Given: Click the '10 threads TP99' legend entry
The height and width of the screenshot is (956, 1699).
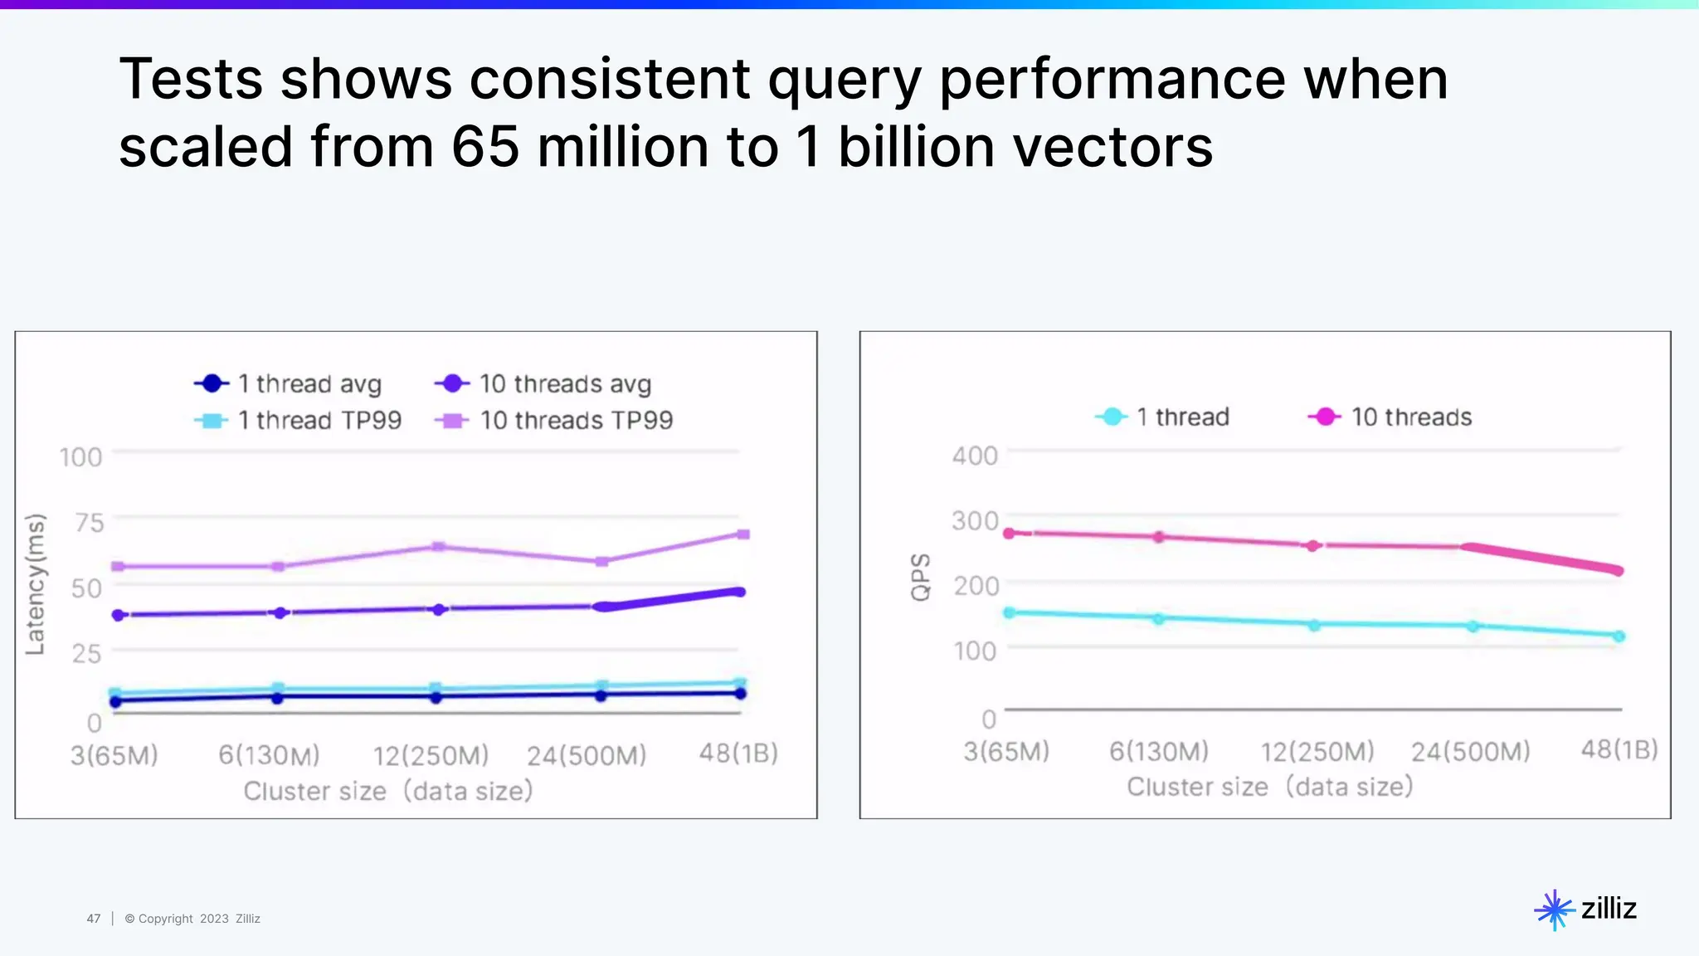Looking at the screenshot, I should (x=554, y=421).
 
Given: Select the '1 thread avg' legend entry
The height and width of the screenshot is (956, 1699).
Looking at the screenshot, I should (x=288, y=383).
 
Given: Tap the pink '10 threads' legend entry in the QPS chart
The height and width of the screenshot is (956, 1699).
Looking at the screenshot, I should (x=1390, y=417).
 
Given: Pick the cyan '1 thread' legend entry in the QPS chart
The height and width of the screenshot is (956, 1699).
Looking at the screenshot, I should (x=1162, y=417).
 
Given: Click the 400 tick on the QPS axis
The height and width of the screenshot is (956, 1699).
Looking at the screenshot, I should (x=975, y=456).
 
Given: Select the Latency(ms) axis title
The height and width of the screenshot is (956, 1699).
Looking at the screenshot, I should (x=35, y=584).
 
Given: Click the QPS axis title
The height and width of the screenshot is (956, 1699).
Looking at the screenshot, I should (x=921, y=577).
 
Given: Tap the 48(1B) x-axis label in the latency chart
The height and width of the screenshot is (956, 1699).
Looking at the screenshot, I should (x=738, y=753).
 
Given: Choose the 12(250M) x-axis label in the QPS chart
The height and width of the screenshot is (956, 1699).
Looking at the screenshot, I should (x=1317, y=752).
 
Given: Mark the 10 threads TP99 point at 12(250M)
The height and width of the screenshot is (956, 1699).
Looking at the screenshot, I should (x=439, y=547).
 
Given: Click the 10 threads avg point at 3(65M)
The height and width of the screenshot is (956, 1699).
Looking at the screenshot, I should (x=119, y=615).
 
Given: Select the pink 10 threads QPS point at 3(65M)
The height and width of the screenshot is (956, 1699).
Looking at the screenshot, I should (x=1010, y=533).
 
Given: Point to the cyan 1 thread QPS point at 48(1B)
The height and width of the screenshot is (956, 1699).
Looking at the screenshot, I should (x=1619, y=637).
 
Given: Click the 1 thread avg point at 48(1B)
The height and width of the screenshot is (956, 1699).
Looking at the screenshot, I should (x=741, y=693).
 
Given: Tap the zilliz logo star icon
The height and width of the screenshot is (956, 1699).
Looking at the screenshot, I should (x=1554, y=910).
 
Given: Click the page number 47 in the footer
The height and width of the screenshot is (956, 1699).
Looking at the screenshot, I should (x=94, y=919).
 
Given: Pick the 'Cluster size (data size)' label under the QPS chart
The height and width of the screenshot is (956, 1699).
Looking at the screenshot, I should (x=1269, y=787).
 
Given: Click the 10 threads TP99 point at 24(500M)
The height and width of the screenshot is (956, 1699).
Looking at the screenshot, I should (x=602, y=562).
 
